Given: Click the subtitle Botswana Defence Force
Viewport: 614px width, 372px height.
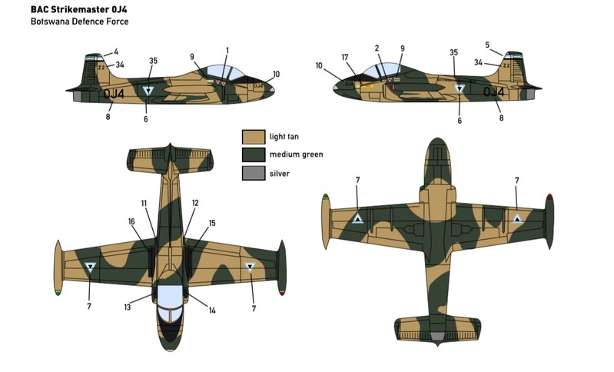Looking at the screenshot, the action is (x=79, y=22).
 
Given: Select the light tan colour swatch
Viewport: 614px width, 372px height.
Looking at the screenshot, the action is (x=253, y=137).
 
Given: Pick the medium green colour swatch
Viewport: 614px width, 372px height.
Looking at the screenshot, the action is (x=253, y=154).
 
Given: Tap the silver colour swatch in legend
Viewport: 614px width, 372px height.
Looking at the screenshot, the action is (x=253, y=173).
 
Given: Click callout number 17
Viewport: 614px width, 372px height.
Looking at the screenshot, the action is (x=345, y=56).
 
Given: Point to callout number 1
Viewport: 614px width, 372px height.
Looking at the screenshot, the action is (x=227, y=50).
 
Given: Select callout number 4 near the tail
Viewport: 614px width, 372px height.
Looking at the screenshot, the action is (x=116, y=52).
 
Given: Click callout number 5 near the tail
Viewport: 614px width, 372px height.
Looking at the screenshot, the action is (x=487, y=45).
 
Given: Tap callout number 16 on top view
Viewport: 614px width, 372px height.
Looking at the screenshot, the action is (x=132, y=221).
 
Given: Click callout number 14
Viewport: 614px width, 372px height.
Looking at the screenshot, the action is (x=212, y=310).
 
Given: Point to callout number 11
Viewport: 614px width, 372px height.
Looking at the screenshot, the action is (x=144, y=203).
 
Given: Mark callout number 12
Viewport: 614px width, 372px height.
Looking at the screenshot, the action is (x=195, y=203).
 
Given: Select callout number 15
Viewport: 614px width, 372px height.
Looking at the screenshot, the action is (x=212, y=223).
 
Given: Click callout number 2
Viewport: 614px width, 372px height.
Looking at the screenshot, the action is (x=377, y=48).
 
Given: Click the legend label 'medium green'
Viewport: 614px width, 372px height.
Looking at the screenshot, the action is (x=296, y=154).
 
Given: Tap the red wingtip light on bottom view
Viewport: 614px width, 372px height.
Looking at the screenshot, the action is (x=550, y=198).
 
